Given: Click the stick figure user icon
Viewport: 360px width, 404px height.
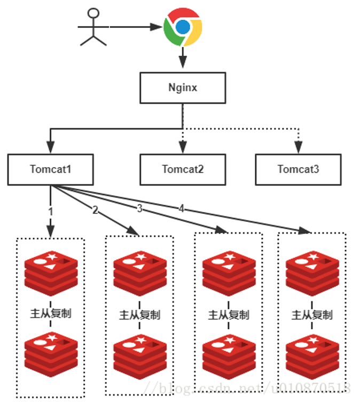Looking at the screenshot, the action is coord(93,27).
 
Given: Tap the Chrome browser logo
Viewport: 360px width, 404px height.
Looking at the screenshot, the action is coord(183,27).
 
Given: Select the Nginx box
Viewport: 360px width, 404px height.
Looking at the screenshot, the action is coord(183,88).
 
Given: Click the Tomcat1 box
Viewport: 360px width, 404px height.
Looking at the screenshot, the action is coord(50,169).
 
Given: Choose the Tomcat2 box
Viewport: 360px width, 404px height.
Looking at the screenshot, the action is coord(183,169).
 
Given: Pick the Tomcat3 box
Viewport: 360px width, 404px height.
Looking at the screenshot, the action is coord(298,169).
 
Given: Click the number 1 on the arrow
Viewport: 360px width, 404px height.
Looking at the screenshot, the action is coord(51,212).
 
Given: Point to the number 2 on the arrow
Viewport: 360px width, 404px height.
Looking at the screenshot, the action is coord(95,210).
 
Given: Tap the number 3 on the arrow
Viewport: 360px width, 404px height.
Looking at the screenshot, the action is coord(139,208).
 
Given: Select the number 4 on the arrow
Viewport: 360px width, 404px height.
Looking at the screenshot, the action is coord(182,208).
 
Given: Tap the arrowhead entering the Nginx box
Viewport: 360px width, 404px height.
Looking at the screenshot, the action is coord(183,62).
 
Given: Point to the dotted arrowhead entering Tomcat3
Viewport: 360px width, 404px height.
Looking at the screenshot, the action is coord(298,147).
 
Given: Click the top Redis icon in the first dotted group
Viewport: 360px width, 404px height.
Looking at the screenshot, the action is coord(51,274).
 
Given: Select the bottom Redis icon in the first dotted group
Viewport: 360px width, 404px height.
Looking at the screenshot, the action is coord(51,355).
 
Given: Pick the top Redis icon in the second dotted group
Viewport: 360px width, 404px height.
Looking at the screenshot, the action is coord(140,274).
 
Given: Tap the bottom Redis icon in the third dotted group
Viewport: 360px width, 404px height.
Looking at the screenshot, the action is coord(229,357).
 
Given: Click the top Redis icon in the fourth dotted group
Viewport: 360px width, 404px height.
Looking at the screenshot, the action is coord(312,274).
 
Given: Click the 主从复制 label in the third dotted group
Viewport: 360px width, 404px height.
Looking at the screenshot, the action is coord(229,315).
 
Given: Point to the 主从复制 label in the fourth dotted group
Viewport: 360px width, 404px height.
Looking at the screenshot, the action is coord(312,315).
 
